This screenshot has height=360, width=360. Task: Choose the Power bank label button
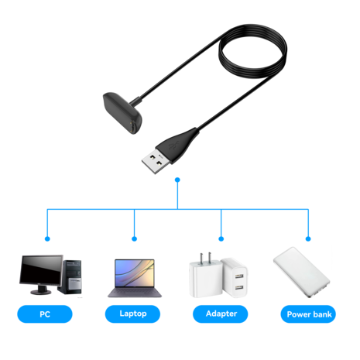[x=309, y=314]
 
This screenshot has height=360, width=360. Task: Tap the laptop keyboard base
[x=134, y=294]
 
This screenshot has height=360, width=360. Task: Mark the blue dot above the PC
[x=46, y=238]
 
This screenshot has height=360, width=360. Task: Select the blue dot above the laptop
[x=135, y=238]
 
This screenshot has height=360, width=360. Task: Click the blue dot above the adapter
[x=221, y=238]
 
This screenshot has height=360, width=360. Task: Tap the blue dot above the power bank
[x=308, y=238]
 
